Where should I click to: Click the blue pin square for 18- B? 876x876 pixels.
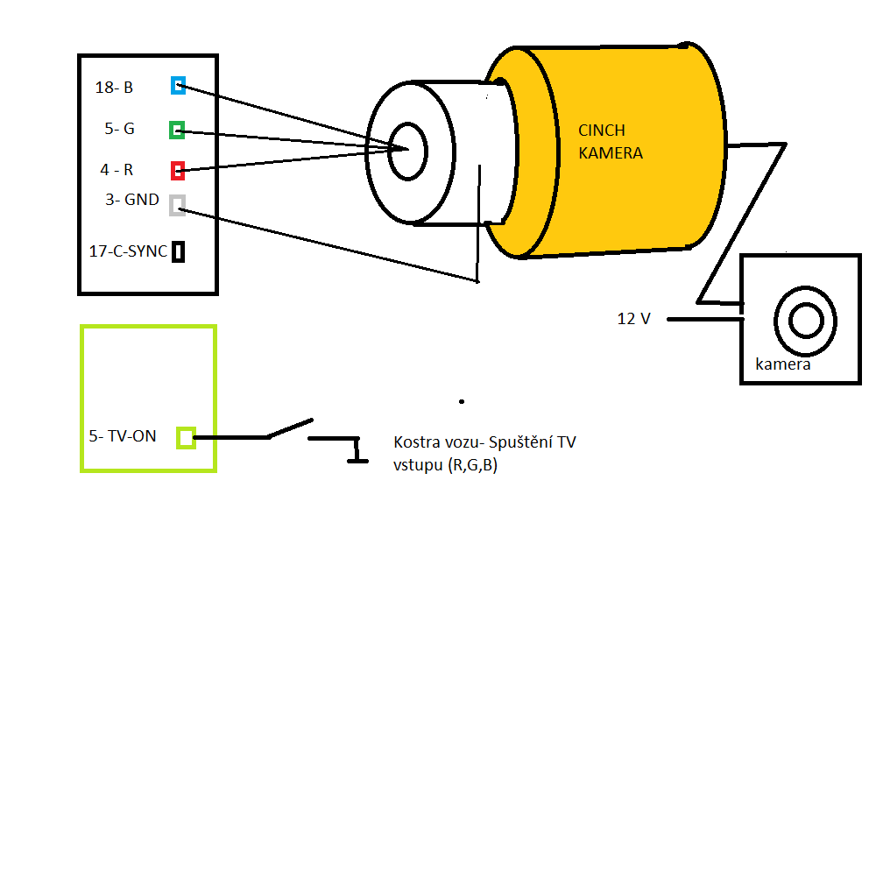(x=178, y=86)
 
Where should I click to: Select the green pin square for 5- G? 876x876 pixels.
(x=177, y=131)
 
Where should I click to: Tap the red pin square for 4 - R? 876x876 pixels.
(x=177, y=170)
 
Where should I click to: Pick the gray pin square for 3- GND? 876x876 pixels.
(x=177, y=205)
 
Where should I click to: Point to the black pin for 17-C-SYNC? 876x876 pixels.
(x=178, y=252)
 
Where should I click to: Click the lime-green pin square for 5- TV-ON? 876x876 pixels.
(x=186, y=437)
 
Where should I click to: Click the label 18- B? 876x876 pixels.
(x=114, y=88)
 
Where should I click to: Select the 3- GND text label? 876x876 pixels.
(x=132, y=200)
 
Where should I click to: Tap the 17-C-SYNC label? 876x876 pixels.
(x=128, y=251)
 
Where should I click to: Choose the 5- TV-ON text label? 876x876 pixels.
(x=123, y=435)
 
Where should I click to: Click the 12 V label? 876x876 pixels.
(x=634, y=319)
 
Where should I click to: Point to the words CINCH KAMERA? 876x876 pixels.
(x=611, y=142)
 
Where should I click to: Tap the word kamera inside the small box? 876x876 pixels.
(x=783, y=364)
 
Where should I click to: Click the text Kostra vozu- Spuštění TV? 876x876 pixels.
(x=484, y=442)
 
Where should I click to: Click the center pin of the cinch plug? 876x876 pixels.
(x=406, y=150)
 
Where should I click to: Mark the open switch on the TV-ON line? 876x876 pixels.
(x=290, y=428)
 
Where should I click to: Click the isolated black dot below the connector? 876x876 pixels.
(x=462, y=402)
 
